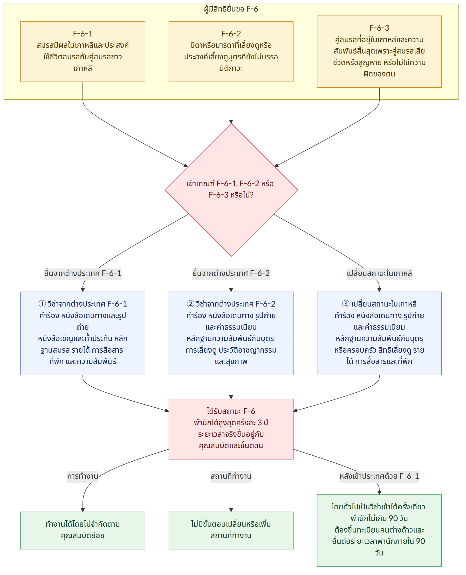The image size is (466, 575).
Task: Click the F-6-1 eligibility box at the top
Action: click(83, 52)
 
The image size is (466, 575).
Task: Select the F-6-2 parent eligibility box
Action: click(231, 52)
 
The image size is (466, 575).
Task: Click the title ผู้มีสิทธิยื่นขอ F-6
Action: click(231, 9)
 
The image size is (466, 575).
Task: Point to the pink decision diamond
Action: click(231, 190)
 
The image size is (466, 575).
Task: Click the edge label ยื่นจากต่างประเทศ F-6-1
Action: click(83, 273)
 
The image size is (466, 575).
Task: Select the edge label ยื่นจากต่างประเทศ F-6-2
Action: click(231, 273)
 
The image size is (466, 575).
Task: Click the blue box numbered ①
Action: click(83, 333)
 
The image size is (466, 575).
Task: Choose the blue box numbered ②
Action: click(231, 333)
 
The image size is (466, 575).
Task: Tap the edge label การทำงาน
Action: click(83, 476)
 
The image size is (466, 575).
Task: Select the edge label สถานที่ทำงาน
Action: click(231, 476)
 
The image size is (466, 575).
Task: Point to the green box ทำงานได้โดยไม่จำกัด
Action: click(83, 530)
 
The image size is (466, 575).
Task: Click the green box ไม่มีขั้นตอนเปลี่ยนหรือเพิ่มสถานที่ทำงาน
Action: click(231, 530)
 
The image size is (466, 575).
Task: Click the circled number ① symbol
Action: click(42, 304)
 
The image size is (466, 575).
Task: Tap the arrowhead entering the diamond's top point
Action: click(231, 121)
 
